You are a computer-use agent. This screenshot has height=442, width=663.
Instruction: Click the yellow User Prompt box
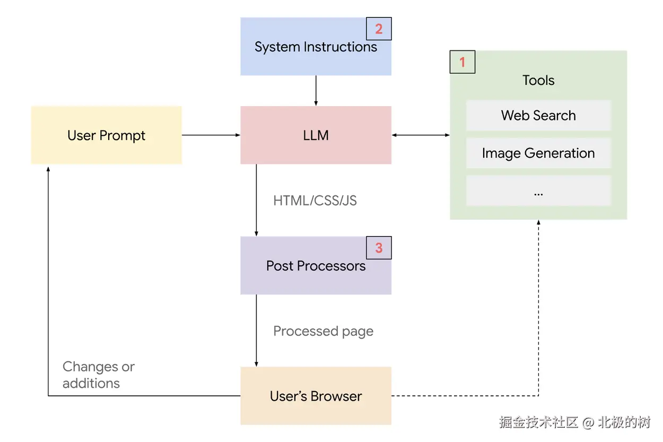[106, 135]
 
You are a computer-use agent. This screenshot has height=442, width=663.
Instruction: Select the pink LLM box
[316, 135]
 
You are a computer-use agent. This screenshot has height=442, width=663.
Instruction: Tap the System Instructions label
[316, 47]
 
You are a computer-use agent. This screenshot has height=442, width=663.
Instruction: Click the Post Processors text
[316, 266]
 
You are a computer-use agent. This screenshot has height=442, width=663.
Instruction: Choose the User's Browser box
[316, 396]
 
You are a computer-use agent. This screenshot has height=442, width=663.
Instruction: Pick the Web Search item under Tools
[538, 116]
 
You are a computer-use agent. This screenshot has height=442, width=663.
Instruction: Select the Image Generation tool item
[538, 153]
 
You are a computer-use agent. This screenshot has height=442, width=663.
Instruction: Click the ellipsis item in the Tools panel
[538, 192]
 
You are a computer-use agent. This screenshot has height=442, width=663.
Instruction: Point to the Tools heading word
[538, 81]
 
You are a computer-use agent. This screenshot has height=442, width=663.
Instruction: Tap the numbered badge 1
[462, 62]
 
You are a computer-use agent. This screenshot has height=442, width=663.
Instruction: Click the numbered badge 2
[379, 29]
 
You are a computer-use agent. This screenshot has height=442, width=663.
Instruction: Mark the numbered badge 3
[379, 248]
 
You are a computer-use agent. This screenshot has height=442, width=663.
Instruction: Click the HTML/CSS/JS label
[315, 201]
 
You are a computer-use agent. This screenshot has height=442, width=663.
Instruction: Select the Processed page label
[323, 332]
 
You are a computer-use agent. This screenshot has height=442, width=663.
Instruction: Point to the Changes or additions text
[98, 375]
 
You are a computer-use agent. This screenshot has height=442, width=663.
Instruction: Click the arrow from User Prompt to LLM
[211, 135]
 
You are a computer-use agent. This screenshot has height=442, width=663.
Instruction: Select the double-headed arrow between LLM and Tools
[421, 135]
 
